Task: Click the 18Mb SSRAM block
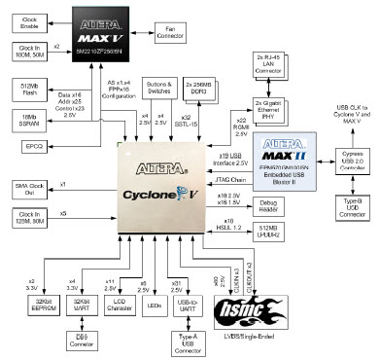pyautogui.click(x=34, y=119)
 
